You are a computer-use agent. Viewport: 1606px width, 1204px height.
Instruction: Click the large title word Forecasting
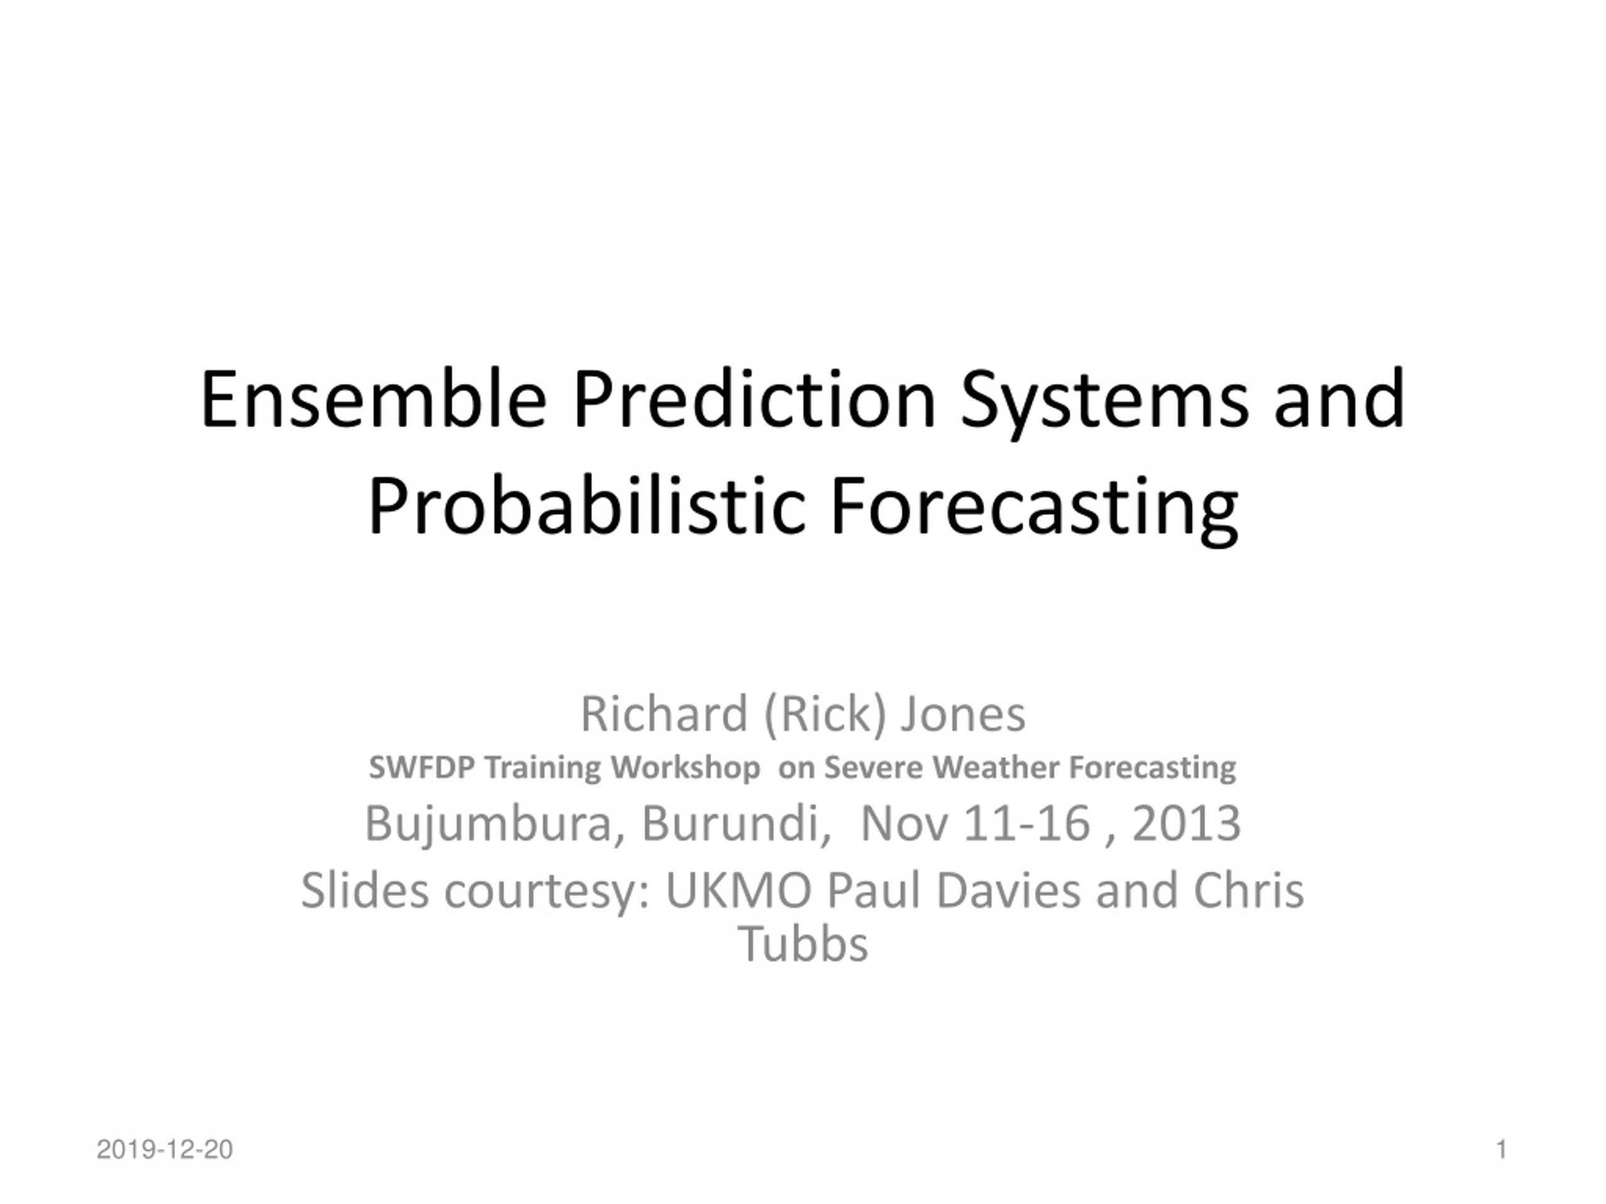tap(1034, 509)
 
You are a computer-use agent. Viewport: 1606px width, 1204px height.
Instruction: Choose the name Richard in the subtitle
tap(664, 714)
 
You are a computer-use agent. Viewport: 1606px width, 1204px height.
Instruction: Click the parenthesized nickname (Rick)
tap(825, 715)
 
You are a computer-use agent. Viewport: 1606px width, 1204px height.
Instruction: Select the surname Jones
tap(963, 715)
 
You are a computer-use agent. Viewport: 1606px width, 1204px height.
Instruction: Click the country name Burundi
tap(735, 824)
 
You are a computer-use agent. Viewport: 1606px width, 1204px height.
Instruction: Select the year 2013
tap(1186, 824)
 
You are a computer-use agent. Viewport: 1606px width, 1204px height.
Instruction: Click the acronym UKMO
tap(738, 890)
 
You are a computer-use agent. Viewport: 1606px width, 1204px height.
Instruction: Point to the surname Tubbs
tap(803, 944)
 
